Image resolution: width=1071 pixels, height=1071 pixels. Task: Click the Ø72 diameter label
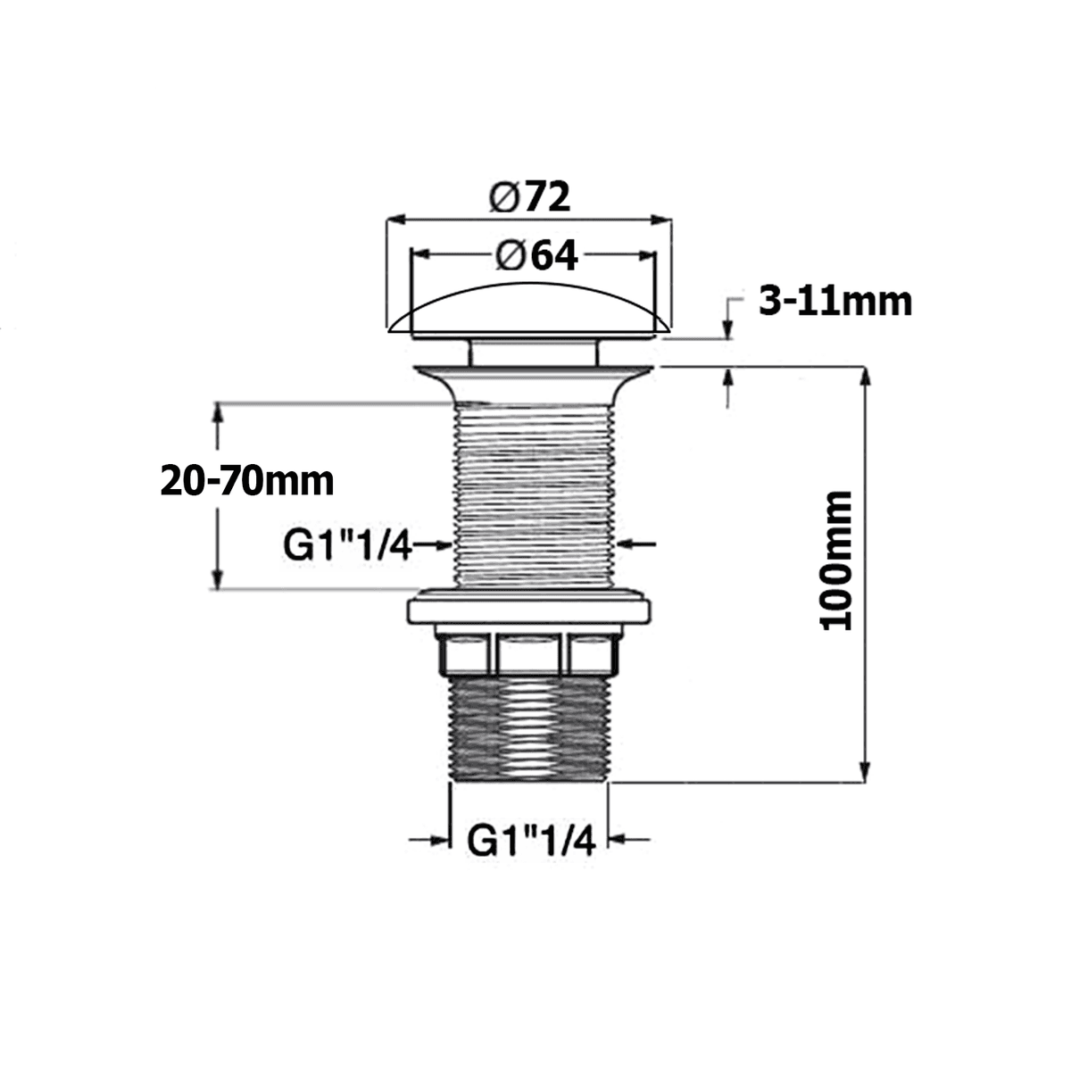point(528,197)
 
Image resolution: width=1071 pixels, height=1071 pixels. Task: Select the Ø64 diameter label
point(535,256)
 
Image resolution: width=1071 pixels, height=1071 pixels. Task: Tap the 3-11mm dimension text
point(835,302)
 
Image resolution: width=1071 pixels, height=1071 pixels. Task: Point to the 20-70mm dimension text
point(247,482)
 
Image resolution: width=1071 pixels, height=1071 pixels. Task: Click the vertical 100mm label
point(837,560)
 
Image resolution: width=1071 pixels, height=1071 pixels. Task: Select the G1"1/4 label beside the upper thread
point(347,545)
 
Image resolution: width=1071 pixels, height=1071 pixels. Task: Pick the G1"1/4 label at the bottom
point(531,840)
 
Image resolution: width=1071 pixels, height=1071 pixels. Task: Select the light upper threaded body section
point(534,495)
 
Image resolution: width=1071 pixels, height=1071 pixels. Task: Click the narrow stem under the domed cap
point(533,352)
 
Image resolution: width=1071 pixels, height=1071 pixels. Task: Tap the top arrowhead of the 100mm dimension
point(863,375)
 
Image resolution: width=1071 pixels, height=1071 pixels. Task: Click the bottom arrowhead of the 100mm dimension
point(863,773)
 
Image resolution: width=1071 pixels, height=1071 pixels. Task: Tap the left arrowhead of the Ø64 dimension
point(419,255)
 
